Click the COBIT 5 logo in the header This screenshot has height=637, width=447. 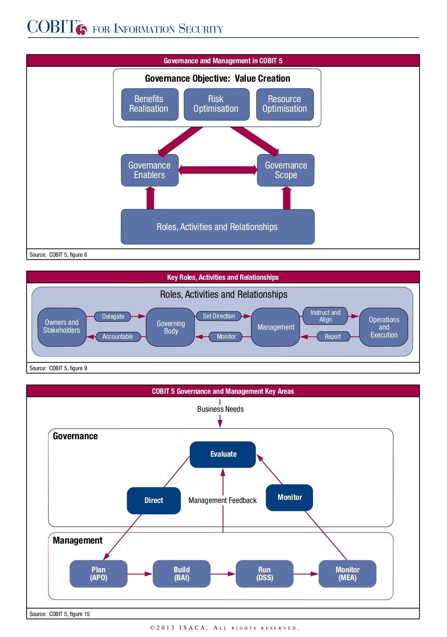(57, 27)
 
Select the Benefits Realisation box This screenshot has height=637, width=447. (149, 104)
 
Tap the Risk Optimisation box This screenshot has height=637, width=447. (216, 104)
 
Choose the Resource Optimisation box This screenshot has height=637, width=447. (285, 104)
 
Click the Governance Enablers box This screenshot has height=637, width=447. (150, 170)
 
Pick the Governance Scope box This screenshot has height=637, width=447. (286, 170)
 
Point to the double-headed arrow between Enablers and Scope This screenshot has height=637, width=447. (218, 170)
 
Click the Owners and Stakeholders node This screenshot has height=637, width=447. (62, 327)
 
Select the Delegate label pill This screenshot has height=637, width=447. (113, 317)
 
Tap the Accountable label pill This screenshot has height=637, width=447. (118, 337)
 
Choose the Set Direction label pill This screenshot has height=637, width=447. (219, 316)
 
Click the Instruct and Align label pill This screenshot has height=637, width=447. (325, 316)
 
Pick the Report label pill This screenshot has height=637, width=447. (333, 337)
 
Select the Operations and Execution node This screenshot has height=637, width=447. (384, 327)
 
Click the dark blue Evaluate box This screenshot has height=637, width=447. (223, 455)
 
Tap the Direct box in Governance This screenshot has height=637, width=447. (154, 500)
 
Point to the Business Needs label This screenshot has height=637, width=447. (220, 409)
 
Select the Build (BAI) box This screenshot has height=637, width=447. (182, 574)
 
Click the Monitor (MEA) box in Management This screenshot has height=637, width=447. (347, 574)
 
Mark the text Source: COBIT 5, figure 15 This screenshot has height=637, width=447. (60, 614)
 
